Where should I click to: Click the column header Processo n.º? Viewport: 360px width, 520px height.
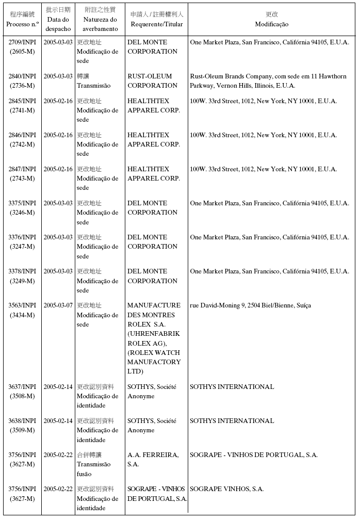tap(22, 24)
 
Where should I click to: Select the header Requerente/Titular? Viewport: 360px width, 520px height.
tap(157, 24)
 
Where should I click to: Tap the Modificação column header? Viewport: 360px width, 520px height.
tap(271, 24)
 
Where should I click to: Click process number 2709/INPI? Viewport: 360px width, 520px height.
tap(22, 42)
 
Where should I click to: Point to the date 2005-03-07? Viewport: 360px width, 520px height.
tap(58, 305)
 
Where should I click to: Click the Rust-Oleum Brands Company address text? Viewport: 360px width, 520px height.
tap(268, 81)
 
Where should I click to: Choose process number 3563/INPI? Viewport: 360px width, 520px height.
tap(22, 305)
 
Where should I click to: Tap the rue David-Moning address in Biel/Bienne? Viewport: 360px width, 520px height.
tap(250, 305)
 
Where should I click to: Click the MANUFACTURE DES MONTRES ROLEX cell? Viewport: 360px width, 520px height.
tap(154, 338)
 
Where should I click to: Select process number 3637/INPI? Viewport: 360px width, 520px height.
tap(22, 387)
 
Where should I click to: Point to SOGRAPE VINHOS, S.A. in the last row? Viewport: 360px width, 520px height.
tap(226, 489)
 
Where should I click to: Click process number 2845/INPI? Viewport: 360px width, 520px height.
tap(22, 101)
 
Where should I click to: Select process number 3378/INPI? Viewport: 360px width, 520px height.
tap(22, 271)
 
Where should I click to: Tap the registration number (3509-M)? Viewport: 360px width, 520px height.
tap(22, 430)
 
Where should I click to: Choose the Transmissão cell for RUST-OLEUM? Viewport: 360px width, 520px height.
tap(93, 81)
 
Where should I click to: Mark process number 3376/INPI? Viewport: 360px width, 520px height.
tap(22, 237)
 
